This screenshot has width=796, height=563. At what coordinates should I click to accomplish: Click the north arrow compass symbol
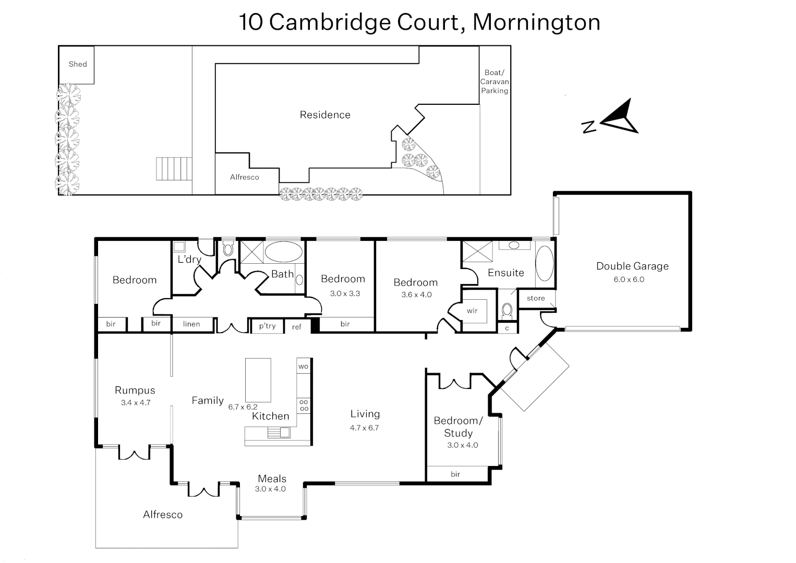point(621,118)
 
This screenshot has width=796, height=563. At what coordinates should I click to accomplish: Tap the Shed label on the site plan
point(78,64)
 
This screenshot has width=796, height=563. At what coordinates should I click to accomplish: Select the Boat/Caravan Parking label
point(495,81)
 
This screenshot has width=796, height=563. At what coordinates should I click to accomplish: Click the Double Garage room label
point(632,266)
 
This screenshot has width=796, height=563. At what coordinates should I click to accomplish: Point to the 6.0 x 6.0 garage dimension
point(629,279)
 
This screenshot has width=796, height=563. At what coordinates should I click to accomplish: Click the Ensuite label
point(505,273)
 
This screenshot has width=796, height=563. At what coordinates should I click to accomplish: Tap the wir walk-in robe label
point(472,311)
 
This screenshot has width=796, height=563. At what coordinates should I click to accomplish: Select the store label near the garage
point(536,298)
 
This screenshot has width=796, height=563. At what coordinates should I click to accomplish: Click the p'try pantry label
point(267,326)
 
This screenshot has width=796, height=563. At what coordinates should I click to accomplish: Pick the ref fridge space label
point(297,327)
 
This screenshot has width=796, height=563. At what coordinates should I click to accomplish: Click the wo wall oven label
point(304,366)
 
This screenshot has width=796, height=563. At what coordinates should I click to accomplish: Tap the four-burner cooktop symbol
point(304,406)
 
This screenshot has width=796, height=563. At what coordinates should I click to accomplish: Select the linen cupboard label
point(191,324)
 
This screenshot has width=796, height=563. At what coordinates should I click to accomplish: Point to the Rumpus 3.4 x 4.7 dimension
point(136,402)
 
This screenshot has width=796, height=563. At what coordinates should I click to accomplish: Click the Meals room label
point(272,479)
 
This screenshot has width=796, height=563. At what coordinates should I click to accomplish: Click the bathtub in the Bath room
point(283,252)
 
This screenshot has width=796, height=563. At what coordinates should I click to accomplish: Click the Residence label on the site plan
point(325,115)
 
